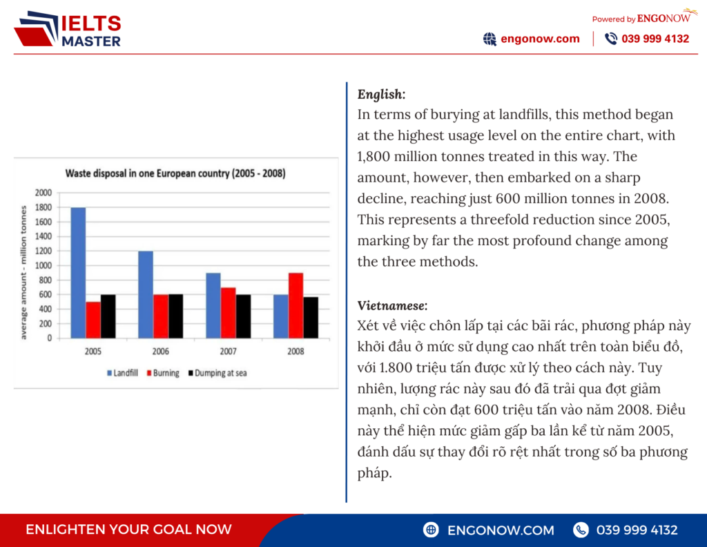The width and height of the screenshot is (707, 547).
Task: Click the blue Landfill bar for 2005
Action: coord(78,272)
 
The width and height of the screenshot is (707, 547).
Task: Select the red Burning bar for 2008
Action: coord(296,305)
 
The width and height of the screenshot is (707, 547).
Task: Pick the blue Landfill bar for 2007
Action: coord(213,305)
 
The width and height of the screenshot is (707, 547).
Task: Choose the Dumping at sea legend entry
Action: coord(217,373)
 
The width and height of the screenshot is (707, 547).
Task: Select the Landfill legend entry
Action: coord(123,373)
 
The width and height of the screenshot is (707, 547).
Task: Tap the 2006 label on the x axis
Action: coord(161,351)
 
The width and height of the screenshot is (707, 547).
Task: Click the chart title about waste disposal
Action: coord(175,174)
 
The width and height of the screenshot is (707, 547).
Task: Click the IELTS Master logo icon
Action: coord(37,29)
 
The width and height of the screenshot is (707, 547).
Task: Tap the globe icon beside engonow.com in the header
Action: coord(490,39)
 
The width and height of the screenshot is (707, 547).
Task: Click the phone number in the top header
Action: coord(655,39)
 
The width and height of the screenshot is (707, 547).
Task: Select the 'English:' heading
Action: coord(381,94)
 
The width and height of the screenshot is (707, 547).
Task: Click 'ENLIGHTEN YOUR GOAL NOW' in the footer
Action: coord(128,530)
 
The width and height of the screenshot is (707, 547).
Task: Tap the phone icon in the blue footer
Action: coord(581,530)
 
